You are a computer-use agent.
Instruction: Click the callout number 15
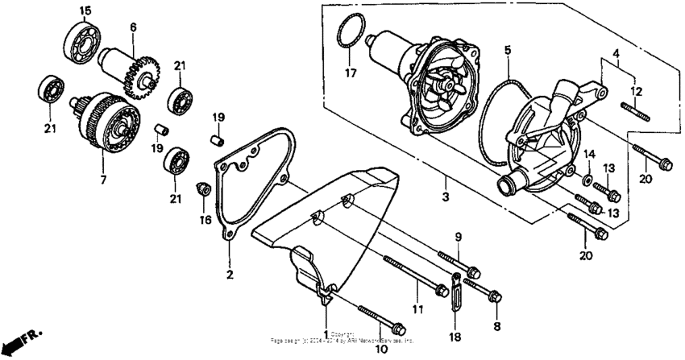click(85, 10)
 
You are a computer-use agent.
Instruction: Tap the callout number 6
click(132, 26)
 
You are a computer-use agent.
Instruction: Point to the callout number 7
click(102, 180)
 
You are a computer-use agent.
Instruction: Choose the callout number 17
click(350, 73)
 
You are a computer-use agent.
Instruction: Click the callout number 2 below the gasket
click(229, 276)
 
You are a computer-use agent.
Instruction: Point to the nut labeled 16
click(205, 190)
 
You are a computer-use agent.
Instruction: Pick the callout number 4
click(616, 55)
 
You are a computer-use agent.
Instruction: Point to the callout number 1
click(326, 333)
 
